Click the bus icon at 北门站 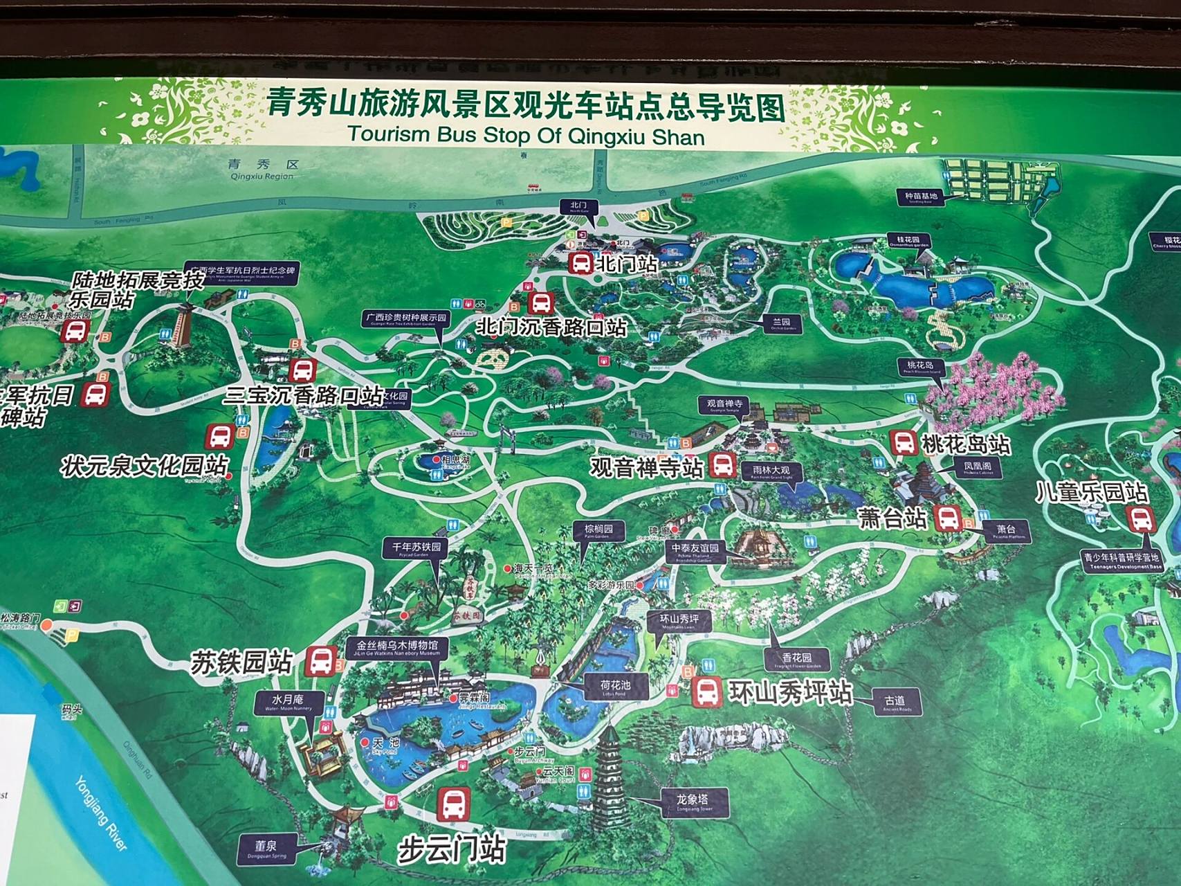click(x=580, y=263)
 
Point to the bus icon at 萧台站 click(x=946, y=517)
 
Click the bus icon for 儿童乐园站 click(x=1138, y=518)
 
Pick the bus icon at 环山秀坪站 click(x=706, y=691)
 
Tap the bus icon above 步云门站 click(x=453, y=804)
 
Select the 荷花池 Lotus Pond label click(x=615, y=687)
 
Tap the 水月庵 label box click(x=288, y=702)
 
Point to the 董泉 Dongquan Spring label click(x=266, y=849)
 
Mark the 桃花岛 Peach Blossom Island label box click(x=920, y=367)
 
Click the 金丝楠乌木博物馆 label click(x=397, y=647)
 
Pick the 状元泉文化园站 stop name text click(x=144, y=466)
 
